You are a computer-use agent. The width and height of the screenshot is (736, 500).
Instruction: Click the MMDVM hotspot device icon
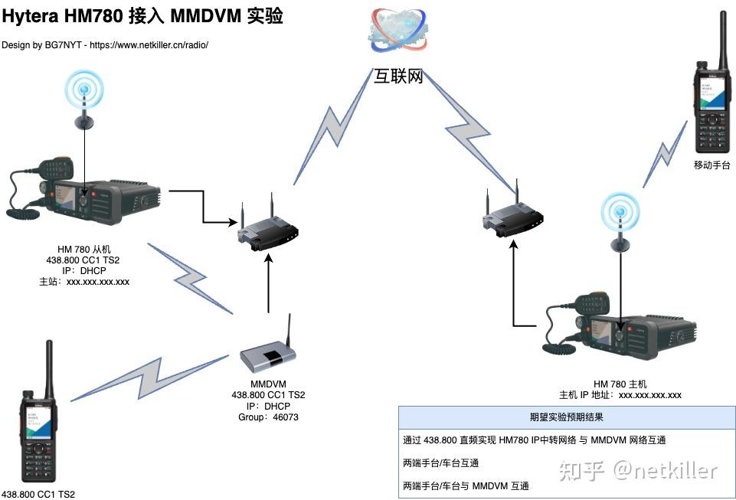tap(268, 354)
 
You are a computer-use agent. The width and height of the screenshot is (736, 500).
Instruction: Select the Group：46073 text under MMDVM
tap(268, 417)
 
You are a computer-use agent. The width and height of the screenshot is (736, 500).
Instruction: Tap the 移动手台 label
tap(712, 165)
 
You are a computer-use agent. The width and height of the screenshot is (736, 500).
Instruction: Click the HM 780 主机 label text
tap(620, 384)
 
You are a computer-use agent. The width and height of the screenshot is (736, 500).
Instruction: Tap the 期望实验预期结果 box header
tap(565, 417)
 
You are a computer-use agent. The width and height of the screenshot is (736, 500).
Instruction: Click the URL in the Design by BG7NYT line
tap(149, 45)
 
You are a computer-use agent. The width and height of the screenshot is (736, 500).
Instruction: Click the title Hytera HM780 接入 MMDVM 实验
tap(142, 16)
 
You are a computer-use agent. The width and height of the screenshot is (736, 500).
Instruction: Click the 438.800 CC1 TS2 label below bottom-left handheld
tap(38, 494)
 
